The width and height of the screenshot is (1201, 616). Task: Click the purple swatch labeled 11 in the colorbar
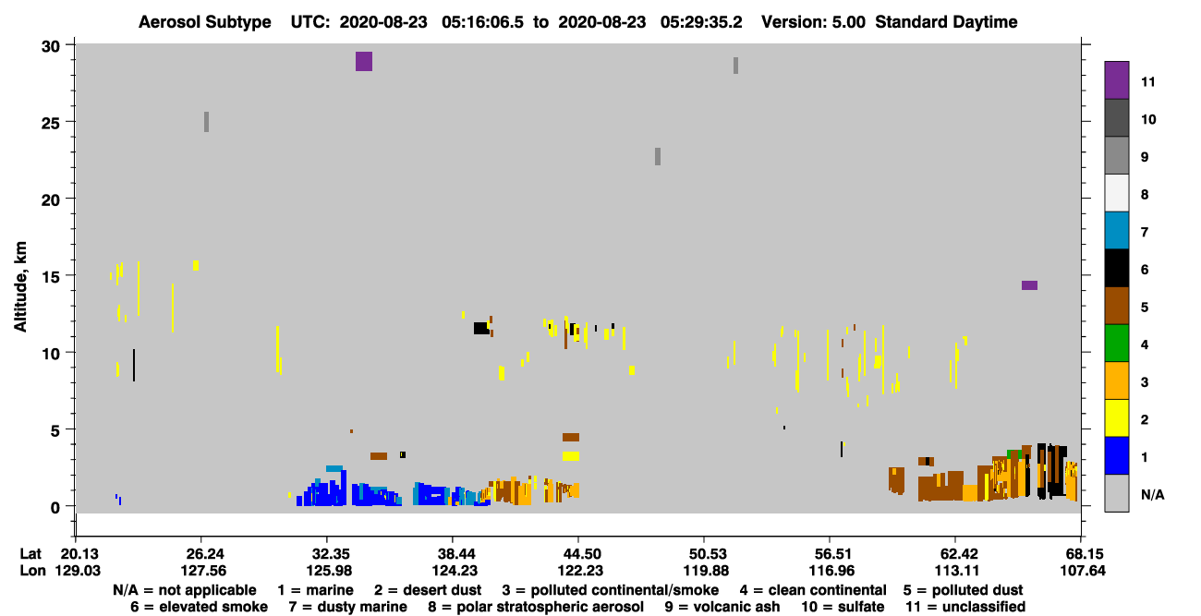[1116, 80]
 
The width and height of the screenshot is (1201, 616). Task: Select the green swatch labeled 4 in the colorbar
[1116, 344]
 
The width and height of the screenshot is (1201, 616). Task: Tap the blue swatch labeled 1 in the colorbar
[1116, 455]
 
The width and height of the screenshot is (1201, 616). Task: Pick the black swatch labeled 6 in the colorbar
[1116, 268]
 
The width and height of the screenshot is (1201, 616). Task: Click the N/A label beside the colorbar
[1152, 494]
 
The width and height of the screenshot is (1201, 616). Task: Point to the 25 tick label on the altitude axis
[51, 122]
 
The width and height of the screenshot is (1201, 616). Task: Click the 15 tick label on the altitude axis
[51, 276]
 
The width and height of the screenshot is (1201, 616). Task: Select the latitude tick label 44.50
[581, 554]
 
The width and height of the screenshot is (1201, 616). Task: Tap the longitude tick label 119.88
[706, 571]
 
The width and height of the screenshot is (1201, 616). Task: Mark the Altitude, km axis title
[20, 287]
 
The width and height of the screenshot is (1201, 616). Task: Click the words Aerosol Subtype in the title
[205, 22]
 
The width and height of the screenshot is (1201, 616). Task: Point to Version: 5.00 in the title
[813, 22]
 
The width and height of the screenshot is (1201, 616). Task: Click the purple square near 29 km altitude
[363, 61]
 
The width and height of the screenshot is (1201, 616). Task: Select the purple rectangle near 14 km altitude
[1029, 285]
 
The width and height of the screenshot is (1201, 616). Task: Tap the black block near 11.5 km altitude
[481, 328]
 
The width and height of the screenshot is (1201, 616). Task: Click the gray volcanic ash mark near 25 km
[206, 122]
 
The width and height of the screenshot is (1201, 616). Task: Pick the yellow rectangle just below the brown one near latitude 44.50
[571, 456]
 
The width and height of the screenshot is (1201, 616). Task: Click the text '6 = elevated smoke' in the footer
[199, 607]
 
